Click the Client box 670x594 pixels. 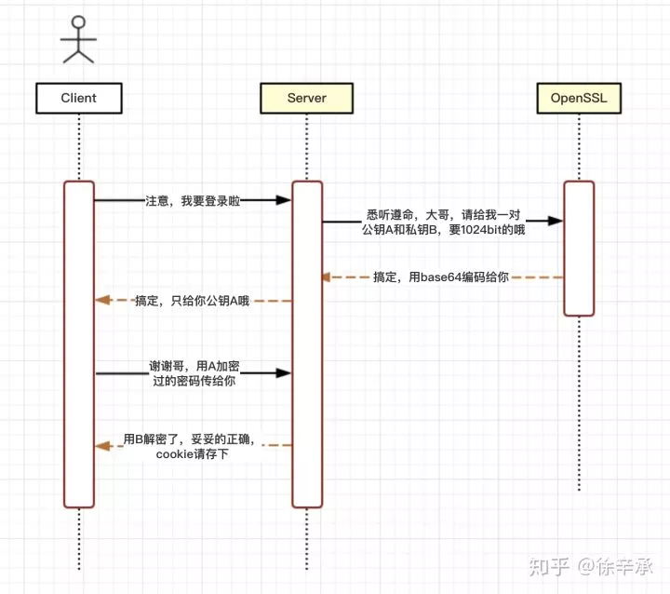[78, 97]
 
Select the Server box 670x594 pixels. [306, 97]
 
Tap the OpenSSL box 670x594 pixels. [578, 97]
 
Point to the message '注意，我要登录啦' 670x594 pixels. [193, 199]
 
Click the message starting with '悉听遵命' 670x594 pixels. [443, 222]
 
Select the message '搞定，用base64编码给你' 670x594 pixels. [441, 277]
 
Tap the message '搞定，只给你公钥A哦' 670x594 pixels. [193, 301]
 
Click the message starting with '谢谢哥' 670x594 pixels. [193, 373]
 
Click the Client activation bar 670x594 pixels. [79, 344]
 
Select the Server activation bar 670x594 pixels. [306, 344]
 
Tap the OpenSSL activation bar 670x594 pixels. [578, 248]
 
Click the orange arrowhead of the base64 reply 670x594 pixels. [328, 277]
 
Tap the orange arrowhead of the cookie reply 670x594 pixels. [101, 446]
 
